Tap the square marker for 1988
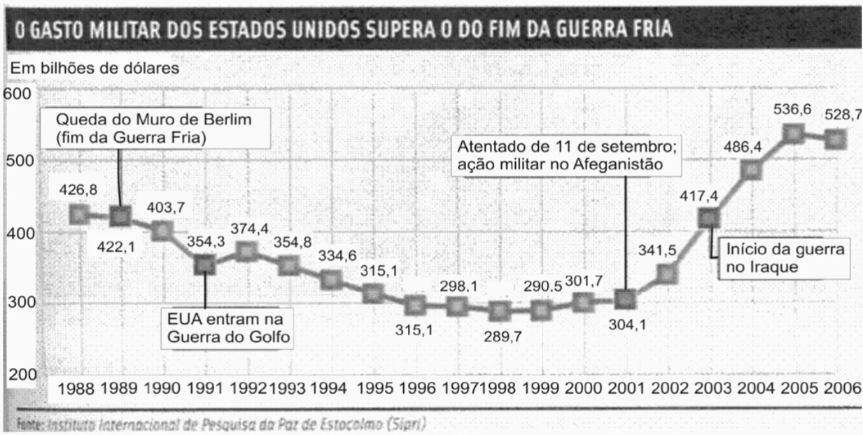[x=78, y=213]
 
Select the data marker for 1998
[x=498, y=310]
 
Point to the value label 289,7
[x=503, y=336]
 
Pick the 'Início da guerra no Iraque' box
[x=786, y=258]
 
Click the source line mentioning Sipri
[x=216, y=423]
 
